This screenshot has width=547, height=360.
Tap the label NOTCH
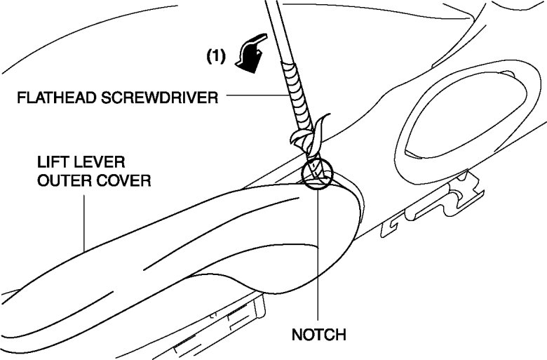pos(319,335)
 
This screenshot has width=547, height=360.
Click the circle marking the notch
pos(316,173)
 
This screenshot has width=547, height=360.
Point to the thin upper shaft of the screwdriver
pos(276,28)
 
